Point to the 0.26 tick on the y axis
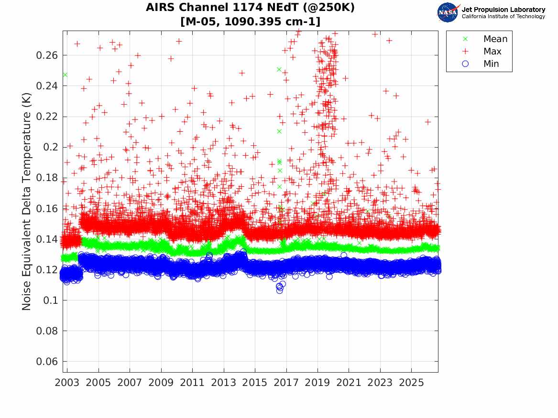click(x=46, y=55)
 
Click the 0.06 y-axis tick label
click(x=46, y=362)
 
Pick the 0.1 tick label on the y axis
click(x=50, y=300)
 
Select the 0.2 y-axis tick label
click(x=50, y=147)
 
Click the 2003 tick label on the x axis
click(x=67, y=383)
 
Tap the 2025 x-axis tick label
click(x=411, y=383)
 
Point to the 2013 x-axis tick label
click(x=223, y=383)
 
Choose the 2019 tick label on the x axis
click(x=317, y=383)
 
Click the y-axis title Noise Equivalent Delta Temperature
click(x=27, y=202)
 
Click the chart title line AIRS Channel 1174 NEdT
click(x=250, y=7)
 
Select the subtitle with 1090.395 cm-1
click(x=251, y=21)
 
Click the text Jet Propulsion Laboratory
click(x=503, y=10)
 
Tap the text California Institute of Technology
click(x=503, y=16)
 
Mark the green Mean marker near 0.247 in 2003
click(x=65, y=75)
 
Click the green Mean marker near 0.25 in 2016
click(x=279, y=70)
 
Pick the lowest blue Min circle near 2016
click(x=280, y=290)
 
